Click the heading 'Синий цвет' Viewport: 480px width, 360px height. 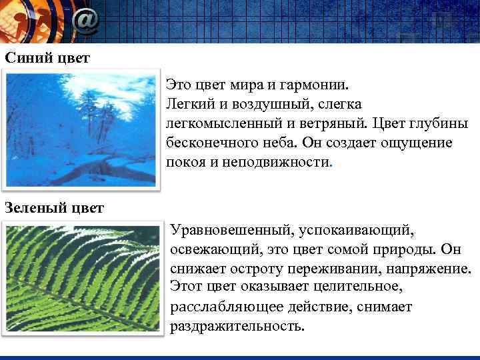pyautogui.click(x=47, y=57)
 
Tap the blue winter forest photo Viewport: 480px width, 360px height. pyautogui.click(x=81, y=129)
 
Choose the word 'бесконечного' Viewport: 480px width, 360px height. pyautogui.click(x=211, y=143)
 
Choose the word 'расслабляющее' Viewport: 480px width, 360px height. pyautogui.click(x=221, y=307)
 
